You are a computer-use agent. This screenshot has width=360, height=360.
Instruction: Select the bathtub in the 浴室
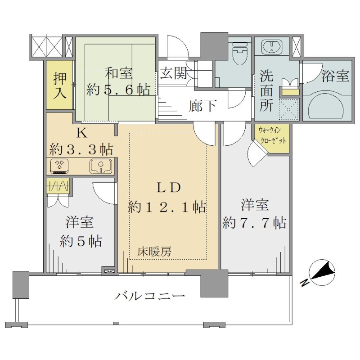(326, 105)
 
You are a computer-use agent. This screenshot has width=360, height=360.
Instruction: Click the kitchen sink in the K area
(100, 166)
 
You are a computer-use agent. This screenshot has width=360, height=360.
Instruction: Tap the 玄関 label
(173, 73)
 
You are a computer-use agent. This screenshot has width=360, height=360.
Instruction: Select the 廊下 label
(202, 106)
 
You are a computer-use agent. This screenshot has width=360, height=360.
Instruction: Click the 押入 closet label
(60, 85)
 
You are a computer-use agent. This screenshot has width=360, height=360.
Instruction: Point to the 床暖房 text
(154, 252)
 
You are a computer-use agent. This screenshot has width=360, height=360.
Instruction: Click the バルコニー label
(150, 296)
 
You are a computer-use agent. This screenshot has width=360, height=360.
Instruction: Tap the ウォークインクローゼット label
(272, 135)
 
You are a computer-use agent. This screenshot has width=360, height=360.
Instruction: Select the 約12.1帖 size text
(167, 207)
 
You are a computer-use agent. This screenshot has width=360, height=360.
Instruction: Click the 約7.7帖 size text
(254, 222)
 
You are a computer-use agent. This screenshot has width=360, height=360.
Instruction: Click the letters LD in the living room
(169, 188)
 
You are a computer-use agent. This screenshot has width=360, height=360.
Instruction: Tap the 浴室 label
(335, 76)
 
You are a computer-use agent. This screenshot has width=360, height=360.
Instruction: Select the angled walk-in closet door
(257, 153)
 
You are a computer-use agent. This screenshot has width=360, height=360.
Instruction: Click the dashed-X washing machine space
(289, 109)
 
